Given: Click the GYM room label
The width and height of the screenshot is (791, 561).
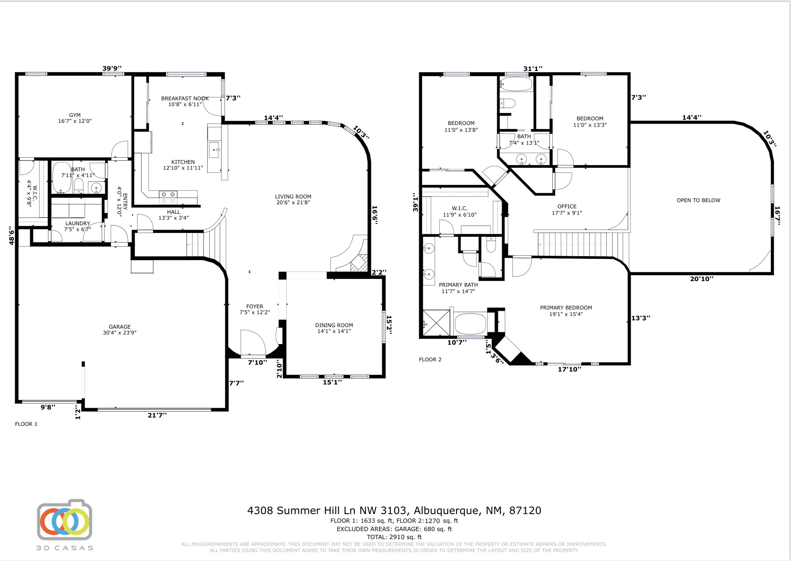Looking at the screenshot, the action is pyautogui.click(x=75, y=115).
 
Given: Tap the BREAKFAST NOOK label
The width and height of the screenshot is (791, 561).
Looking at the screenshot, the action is pyautogui.click(x=185, y=98).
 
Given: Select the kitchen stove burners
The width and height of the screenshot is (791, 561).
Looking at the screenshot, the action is pyautogui.click(x=168, y=197).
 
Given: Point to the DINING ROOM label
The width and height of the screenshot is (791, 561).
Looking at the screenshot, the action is pyautogui.click(x=334, y=325).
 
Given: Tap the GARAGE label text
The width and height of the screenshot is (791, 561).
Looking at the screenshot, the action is pyautogui.click(x=119, y=327).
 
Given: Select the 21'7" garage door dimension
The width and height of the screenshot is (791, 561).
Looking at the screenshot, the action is pyautogui.click(x=157, y=415).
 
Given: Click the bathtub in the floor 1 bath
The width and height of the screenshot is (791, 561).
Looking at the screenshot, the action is pyautogui.click(x=61, y=177).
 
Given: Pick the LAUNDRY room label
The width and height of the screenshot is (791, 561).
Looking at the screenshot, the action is pyautogui.click(x=78, y=223).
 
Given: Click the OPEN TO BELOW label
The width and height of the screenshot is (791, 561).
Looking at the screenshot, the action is pyautogui.click(x=698, y=200).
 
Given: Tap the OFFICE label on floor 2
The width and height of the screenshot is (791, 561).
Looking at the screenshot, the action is pyautogui.click(x=567, y=206).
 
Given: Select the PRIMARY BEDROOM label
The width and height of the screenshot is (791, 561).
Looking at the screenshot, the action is pyautogui.click(x=566, y=308).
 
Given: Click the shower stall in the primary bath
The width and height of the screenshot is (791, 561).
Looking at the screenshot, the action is pyautogui.click(x=437, y=323).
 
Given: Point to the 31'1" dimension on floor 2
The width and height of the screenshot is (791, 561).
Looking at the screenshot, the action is pyautogui.click(x=533, y=69).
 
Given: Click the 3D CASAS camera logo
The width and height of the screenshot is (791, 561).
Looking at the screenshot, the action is pyautogui.click(x=65, y=520).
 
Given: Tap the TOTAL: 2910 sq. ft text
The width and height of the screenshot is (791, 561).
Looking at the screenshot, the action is pyautogui.click(x=394, y=537).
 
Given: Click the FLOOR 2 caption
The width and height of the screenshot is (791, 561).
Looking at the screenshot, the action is pyautogui.click(x=430, y=359).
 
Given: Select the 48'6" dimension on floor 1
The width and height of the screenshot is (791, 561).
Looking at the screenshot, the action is pyautogui.click(x=11, y=235).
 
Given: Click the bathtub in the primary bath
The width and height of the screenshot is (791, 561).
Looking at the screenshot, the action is pyautogui.click(x=470, y=324).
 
